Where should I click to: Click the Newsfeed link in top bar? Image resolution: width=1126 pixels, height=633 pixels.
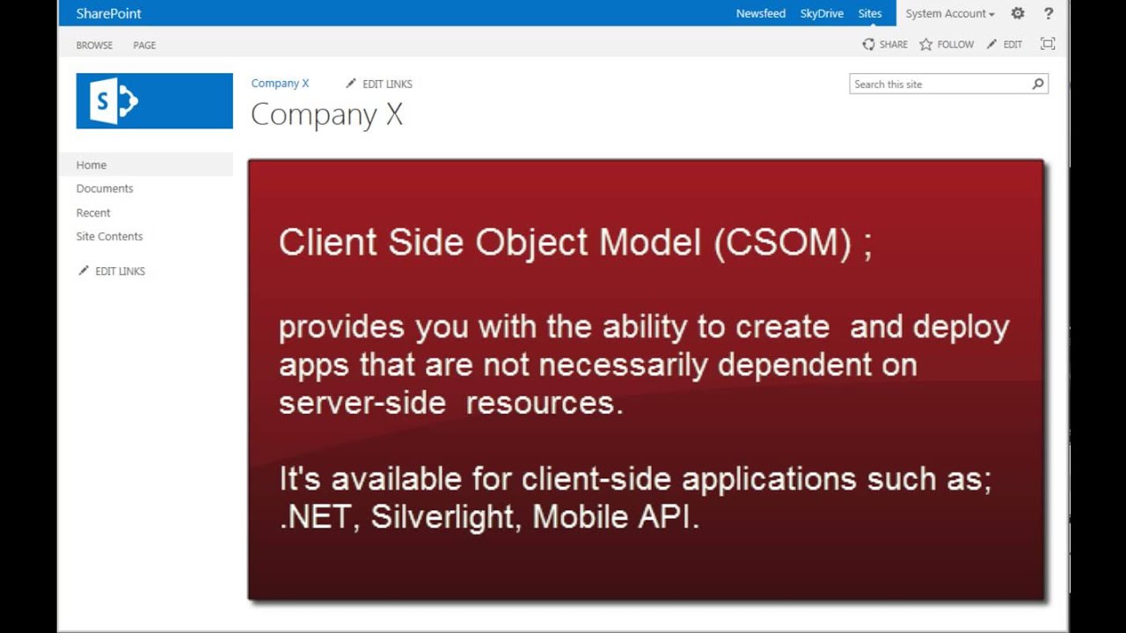(x=760, y=13)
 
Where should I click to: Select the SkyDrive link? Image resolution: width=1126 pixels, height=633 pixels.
(x=822, y=13)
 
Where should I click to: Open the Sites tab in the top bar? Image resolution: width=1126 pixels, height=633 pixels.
(x=869, y=13)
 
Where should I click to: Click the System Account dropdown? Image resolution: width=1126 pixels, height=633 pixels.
(x=950, y=13)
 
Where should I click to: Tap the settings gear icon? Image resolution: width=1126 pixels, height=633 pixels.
(x=1018, y=13)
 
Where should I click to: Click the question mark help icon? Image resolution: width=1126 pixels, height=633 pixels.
(x=1048, y=13)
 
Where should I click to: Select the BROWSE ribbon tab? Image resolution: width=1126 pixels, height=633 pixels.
(x=94, y=45)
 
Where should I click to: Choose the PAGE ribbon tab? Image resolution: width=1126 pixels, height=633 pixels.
(x=144, y=45)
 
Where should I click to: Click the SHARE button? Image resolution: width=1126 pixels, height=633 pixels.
(x=885, y=44)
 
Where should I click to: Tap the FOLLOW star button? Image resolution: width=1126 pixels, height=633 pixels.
(x=947, y=44)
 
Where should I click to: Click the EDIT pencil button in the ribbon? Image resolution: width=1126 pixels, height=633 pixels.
(x=1005, y=44)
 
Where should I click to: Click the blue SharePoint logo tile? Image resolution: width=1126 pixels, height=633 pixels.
(x=154, y=101)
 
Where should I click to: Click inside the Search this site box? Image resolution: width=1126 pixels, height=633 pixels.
(x=937, y=84)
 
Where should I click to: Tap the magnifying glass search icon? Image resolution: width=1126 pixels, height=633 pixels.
(x=1038, y=84)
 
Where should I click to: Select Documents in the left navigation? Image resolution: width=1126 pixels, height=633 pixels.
(x=105, y=188)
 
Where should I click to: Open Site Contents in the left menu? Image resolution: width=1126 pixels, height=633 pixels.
(x=109, y=236)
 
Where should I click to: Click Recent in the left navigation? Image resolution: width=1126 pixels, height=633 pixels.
(x=93, y=213)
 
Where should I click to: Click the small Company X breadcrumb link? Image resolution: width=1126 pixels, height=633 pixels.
(x=280, y=84)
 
